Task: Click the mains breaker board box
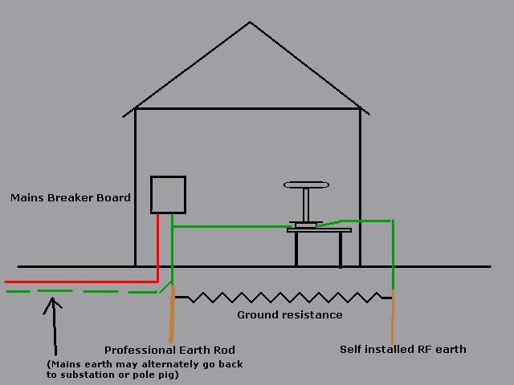pos(169,195)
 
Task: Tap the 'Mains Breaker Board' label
pos(71,197)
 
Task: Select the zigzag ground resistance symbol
pos(281,298)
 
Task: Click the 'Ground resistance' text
pos(289,315)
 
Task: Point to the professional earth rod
pos(172,313)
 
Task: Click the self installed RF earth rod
pos(393,317)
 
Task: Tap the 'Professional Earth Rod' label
pos(169,350)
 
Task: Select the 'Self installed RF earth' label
pos(402,350)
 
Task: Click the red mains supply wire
pos(80,282)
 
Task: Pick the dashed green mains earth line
pos(80,291)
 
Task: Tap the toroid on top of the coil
pos(306,185)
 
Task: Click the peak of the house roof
pos(251,22)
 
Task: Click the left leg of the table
pos(296,249)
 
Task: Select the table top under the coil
pos(319,230)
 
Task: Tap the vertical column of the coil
pos(306,205)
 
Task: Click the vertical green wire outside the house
pos(393,253)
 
